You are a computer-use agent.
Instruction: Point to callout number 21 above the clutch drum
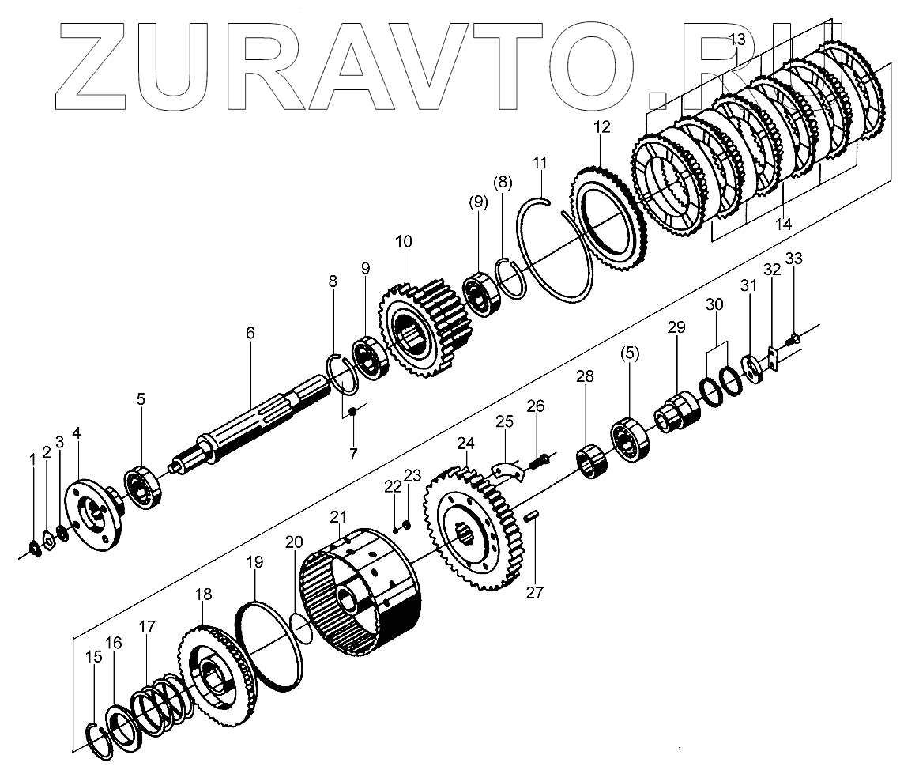click(x=338, y=517)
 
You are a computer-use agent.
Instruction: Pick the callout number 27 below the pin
click(x=535, y=592)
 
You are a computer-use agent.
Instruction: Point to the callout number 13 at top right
click(x=736, y=40)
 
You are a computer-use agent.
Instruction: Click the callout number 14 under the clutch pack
click(x=782, y=225)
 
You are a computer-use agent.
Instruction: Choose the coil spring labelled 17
click(x=162, y=697)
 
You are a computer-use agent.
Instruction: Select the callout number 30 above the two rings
click(x=714, y=304)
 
